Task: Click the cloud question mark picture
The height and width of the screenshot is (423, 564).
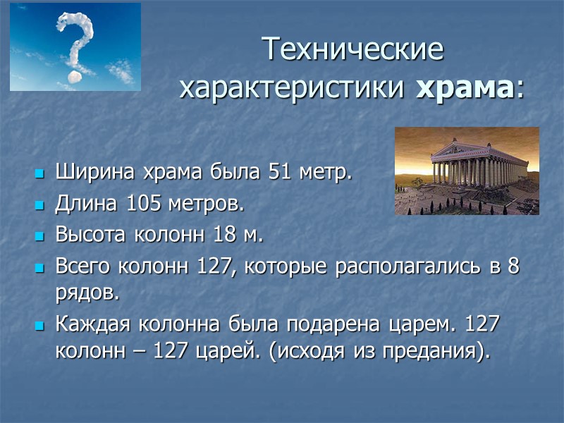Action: tap(75, 47)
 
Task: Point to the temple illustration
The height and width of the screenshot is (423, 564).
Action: tap(467, 171)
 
